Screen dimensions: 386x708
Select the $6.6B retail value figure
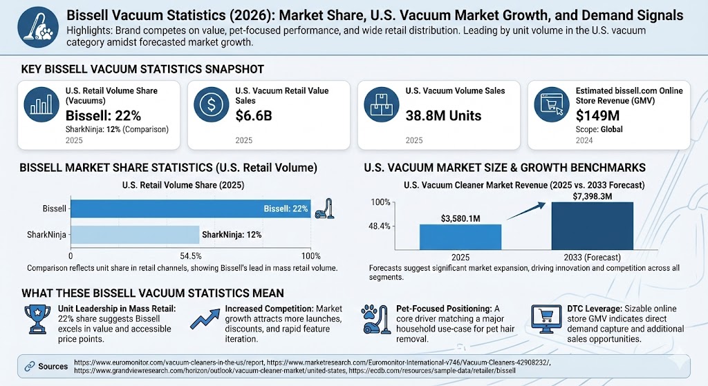(x=254, y=115)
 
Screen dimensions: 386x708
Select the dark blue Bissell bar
(x=191, y=209)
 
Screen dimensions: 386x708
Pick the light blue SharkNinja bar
(x=134, y=235)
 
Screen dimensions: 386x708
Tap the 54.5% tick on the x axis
(x=191, y=255)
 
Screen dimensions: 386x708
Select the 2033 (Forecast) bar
(x=593, y=225)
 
